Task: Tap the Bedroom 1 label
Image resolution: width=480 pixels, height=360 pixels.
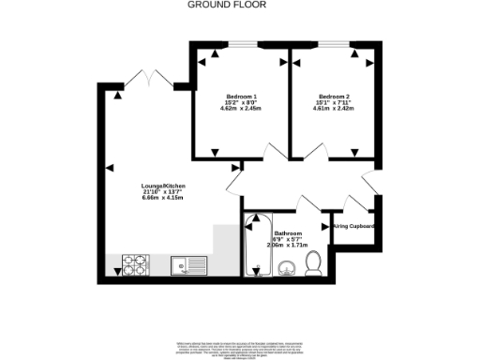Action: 241,97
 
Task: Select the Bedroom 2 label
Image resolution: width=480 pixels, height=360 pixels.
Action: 334,97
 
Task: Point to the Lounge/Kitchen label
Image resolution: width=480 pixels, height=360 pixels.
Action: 162,185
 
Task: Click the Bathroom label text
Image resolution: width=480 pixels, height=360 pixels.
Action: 288,233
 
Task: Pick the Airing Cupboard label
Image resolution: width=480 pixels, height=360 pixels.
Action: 354,226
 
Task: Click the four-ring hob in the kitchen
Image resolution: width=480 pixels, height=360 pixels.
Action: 136,265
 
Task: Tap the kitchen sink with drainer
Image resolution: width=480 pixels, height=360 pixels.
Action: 190,265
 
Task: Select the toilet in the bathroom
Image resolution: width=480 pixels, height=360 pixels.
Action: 314,264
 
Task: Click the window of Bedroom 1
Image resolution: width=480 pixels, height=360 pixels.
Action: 246,44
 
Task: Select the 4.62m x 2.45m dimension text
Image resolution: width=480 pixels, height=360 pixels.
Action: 241,110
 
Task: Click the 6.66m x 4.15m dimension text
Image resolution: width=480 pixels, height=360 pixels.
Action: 162,199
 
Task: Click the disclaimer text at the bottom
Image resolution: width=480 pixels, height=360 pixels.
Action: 240,347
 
